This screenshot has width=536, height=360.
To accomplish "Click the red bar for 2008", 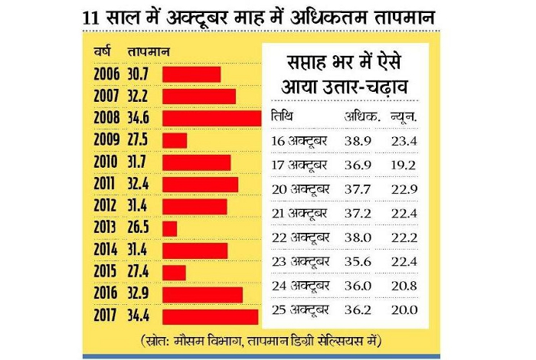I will pos(211,119).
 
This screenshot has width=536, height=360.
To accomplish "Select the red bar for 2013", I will pos(169,228).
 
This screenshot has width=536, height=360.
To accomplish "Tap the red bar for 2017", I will pos(210,316).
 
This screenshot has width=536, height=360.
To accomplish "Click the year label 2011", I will pos(105,185).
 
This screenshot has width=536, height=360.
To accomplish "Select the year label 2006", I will pos(105,75).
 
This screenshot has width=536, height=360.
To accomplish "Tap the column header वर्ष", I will pos(101,52).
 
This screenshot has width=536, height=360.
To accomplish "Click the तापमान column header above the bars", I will pos(149,52).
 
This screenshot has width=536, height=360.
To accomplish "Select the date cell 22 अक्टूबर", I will pos(300,238).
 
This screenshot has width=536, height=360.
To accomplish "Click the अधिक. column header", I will pos(361,117).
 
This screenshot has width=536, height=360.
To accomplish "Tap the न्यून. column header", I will pos(404,117).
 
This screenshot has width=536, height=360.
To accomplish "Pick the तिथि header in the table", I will pos(283,117).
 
